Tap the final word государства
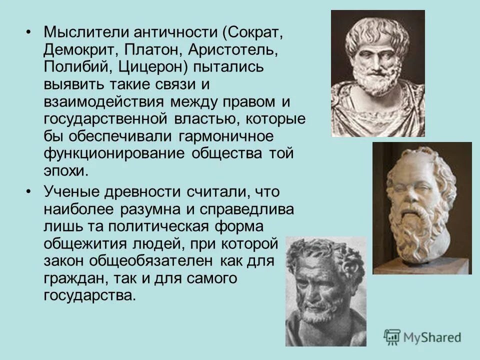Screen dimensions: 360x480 point(89,294)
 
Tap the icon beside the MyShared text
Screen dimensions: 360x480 point(392,337)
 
